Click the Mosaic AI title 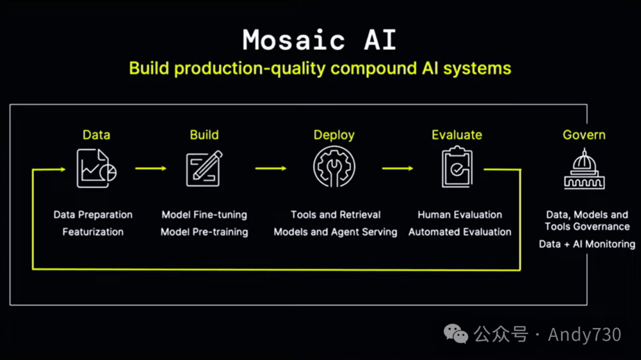[319, 40]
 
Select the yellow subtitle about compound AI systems [320, 68]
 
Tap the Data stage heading [96, 135]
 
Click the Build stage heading [204, 135]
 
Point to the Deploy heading [334, 135]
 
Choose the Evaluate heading [456, 135]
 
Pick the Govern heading [584, 135]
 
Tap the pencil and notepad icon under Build [204, 168]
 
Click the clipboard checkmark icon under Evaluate [457, 168]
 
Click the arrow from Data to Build [151, 168]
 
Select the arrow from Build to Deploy [271, 168]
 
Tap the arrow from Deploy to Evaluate [397, 168]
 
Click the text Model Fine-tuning [204, 215]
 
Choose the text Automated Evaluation [460, 232]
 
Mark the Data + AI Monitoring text [587, 244]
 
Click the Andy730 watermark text [584, 334]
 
